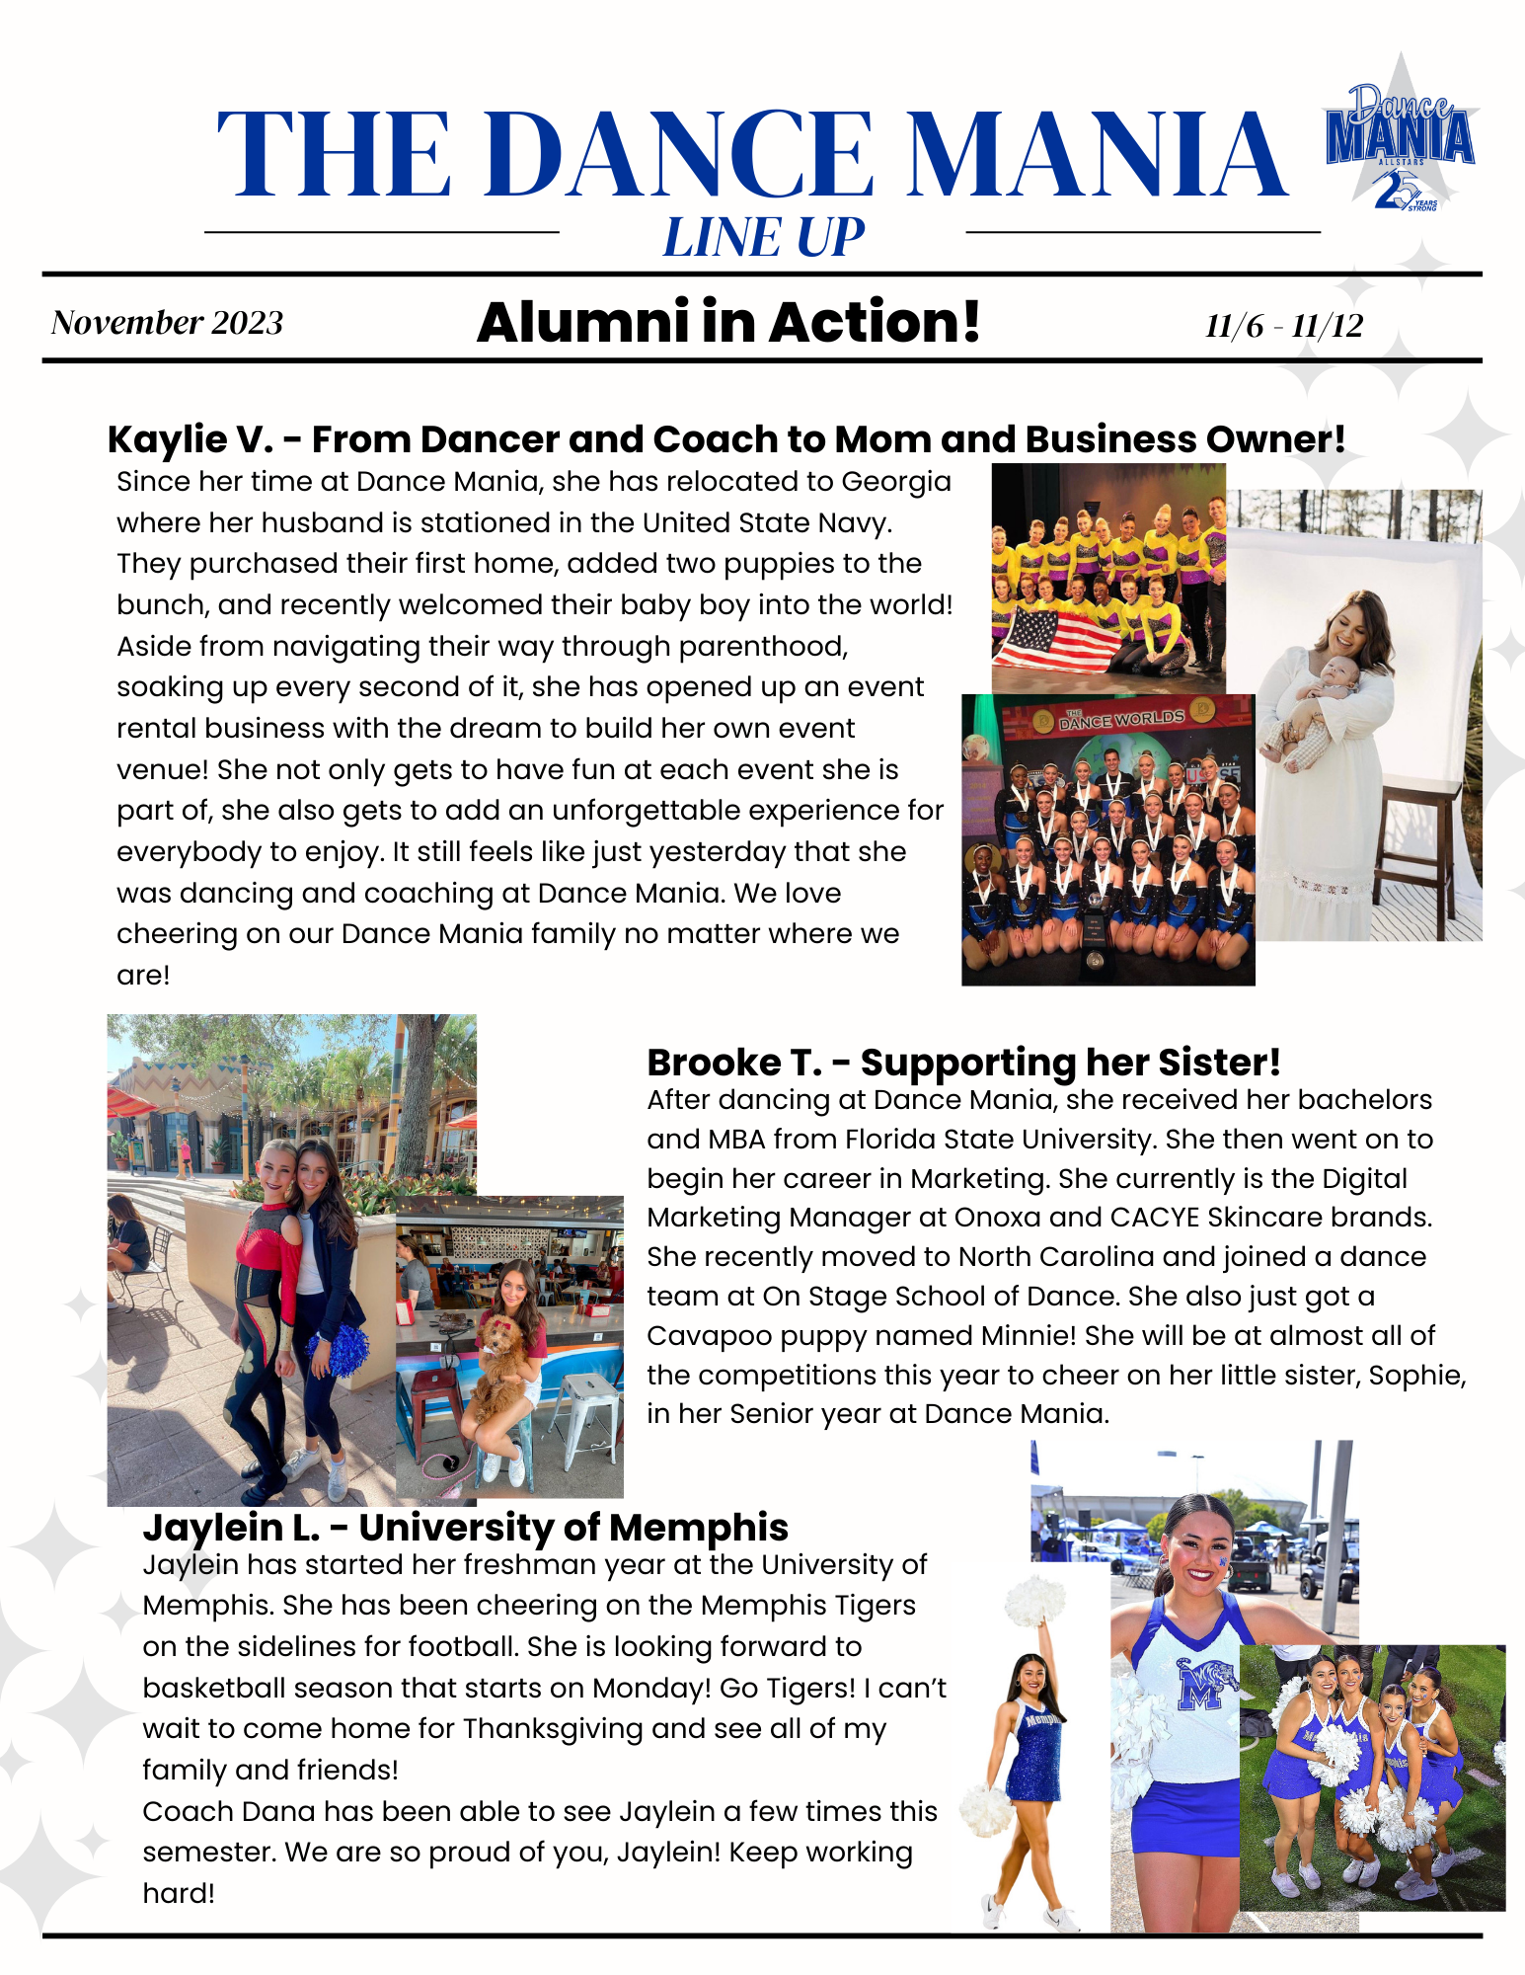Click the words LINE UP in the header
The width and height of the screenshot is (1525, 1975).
pyautogui.click(x=763, y=238)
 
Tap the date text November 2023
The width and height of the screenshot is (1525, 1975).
pyautogui.click(x=167, y=323)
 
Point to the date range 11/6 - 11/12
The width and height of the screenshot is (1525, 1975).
pyautogui.click(x=1283, y=325)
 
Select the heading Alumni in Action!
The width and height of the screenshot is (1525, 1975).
pyautogui.click(x=728, y=323)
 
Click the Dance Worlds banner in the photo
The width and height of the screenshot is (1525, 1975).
pyautogui.click(x=1121, y=718)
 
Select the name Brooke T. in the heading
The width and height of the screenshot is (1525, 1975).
pyautogui.click(x=733, y=1063)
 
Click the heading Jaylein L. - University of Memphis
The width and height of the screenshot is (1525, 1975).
pyautogui.click(x=465, y=1528)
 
